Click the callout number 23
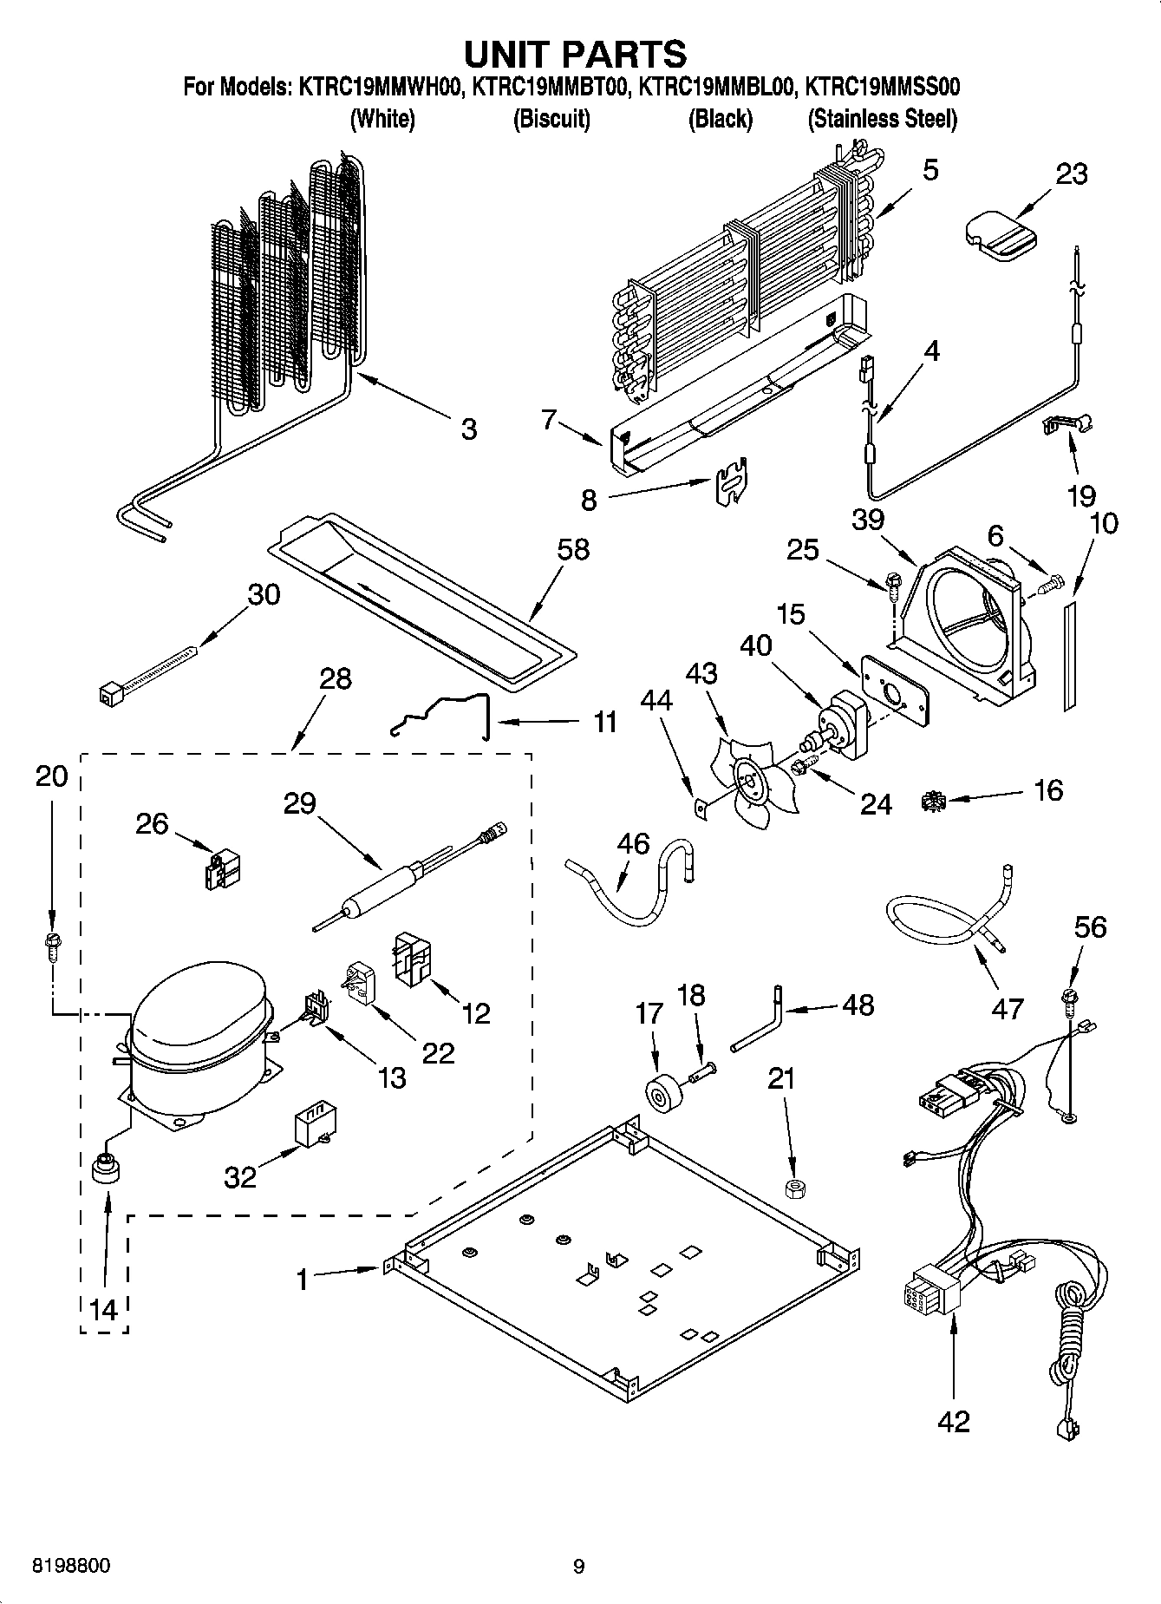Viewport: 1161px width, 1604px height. tap(1071, 174)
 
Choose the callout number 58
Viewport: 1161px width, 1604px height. tap(573, 549)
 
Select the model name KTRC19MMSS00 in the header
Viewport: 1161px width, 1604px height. tap(882, 87)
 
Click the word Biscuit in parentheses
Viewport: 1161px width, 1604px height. tap(551, 119)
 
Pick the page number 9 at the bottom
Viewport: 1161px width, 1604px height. tap(579, 1567)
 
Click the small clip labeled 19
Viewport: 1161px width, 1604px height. tap(1066, 424)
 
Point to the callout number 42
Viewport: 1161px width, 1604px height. tap(953, 1422)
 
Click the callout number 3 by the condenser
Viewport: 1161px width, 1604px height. tap(468, 429)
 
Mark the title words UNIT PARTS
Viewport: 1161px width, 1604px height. tap(575, 54)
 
